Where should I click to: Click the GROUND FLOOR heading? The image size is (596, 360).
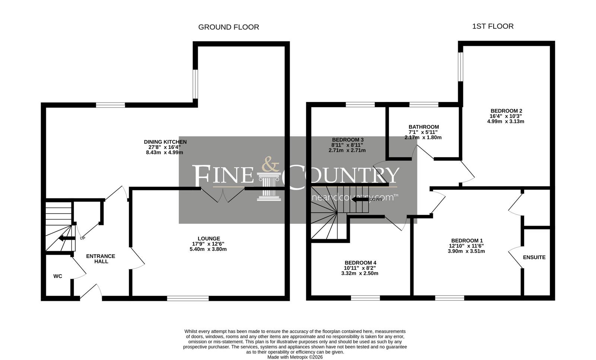coord(229,27)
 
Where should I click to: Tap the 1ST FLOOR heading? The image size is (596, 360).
coord(493,26)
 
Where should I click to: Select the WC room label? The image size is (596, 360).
coord(58,276)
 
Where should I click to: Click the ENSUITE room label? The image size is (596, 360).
coord(534,257)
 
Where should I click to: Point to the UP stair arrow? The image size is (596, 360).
coord(67,238)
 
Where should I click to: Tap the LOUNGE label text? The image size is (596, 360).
coord(209,239)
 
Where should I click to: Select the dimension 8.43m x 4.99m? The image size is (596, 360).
coord(164,153)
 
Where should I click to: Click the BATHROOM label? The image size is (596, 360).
coord(424,127)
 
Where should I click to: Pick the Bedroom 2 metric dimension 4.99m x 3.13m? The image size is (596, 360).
coord(506,121)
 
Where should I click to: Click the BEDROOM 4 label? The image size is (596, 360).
coord(361,263)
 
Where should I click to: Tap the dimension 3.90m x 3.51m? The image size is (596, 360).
coord(466,251)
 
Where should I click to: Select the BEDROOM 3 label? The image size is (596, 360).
coord(348,140)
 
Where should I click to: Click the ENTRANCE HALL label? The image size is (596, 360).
coord(101,259)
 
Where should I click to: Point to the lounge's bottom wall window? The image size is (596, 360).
coord(188,298)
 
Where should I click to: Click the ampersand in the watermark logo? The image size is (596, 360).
coord(270,164)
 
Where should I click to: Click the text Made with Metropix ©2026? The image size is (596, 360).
coord(295,357)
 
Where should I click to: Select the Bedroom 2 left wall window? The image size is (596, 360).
coord(460,67)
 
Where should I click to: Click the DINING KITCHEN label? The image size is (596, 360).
coord(165,142)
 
